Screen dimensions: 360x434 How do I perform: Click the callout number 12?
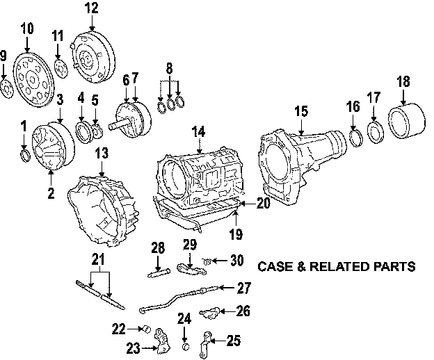coord(92,8)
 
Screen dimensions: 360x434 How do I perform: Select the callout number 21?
coord(97,261)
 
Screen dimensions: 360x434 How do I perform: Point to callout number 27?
coord(243,287)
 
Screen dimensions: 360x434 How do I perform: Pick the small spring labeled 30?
coord(206,261)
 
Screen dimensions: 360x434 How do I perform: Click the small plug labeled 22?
coord(147,329)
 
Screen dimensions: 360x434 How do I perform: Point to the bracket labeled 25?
coord(207,341)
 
